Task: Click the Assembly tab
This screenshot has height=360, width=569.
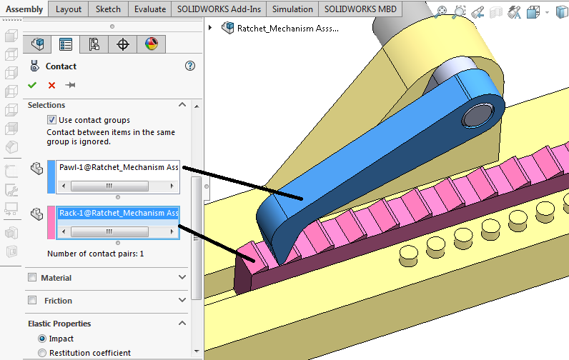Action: point(24,9)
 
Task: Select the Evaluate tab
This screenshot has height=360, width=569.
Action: point(150,9)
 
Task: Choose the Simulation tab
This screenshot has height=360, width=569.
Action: point(292,9)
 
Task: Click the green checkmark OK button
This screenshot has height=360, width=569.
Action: point(32,86)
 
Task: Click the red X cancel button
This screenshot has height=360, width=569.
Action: point(51,86)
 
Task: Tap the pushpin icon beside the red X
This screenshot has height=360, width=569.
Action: point(70,86)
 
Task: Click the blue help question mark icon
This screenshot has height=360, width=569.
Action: point(189,66)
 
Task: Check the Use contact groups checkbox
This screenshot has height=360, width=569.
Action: point(51,120)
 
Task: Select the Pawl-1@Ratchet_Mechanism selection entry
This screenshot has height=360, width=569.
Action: point(118,168)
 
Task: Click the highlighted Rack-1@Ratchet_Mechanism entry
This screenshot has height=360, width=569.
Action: point(118,213)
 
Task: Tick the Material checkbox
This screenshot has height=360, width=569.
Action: point(32,278)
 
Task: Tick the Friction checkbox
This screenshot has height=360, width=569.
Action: point(32,301)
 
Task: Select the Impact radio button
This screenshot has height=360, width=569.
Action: point(42,339)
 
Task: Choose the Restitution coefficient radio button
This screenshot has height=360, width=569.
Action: point(42,353)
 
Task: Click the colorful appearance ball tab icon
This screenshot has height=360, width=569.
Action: point(151,44)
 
